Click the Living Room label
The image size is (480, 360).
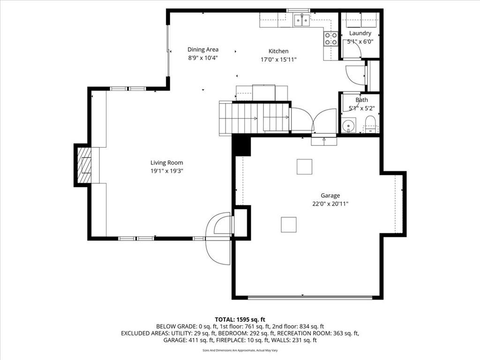tap(166, 163)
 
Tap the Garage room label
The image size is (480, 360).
tap(330, 195)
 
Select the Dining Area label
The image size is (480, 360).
tap(203, 50)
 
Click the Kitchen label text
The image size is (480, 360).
tap(278, 51)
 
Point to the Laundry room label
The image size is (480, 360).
tap(360, 33)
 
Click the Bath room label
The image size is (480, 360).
tap(361, 100)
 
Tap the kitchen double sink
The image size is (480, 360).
tap(302, 20)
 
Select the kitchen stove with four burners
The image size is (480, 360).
tap(330, 39)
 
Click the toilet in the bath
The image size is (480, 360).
tap(370, 124)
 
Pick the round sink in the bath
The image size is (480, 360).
tap(348, 125)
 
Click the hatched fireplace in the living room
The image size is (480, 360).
tap(84, 165)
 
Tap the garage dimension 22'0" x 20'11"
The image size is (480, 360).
tap(330, 204)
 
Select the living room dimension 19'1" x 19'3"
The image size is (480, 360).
tap(166, 171)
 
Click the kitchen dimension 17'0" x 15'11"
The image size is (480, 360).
tap(278, 60)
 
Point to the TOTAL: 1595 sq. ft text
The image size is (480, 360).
tap(240, 320)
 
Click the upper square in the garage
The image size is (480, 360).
tap(304, 166)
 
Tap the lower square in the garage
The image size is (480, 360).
tap(289, 225)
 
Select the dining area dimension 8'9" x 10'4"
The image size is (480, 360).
tap(203, 58)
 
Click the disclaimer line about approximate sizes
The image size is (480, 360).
tap(240, 350)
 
